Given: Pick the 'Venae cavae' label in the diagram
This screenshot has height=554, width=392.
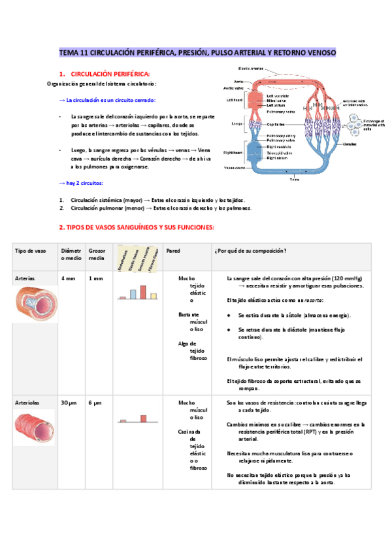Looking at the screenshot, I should click(x=235, y=167).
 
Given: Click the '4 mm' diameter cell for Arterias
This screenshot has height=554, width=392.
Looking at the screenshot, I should click(x=68, y=278).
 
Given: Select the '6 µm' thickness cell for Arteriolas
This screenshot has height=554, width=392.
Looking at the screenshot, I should click(x=95, y=403).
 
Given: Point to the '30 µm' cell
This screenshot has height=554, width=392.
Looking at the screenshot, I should click(x=69, y=403).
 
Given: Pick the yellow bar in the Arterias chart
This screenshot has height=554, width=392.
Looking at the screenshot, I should click(x=154, y=296).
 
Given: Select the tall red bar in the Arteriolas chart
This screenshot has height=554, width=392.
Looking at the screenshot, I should click(x=143, y=418).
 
